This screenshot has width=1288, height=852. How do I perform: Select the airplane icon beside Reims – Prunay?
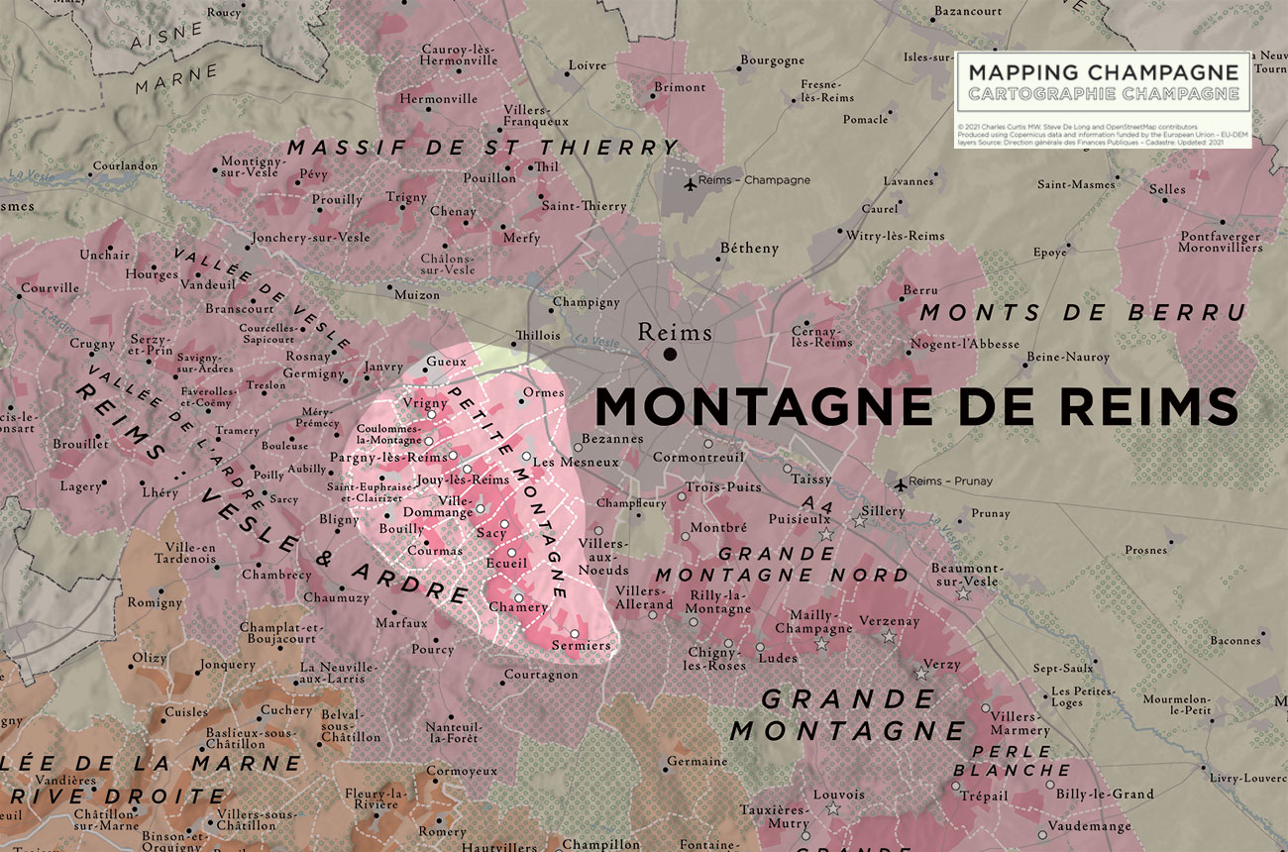coord(901,484)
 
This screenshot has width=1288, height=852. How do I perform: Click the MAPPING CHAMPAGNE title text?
coord(1103,72)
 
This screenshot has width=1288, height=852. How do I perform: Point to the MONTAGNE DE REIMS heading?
coord(915,406)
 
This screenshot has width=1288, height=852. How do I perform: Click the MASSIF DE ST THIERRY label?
coord(483,148)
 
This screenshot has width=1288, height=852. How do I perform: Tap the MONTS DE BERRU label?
coord(1082,313)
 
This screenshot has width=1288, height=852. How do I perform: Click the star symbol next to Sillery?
coord(859,520)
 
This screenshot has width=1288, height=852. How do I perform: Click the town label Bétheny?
coord(749,249)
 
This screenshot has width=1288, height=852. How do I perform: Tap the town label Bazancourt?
coord(967,12)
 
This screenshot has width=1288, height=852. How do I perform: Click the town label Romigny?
coord(155,602)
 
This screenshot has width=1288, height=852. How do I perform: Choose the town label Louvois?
coord(838,795)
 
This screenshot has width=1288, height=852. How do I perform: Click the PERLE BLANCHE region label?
coord(1020,761)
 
